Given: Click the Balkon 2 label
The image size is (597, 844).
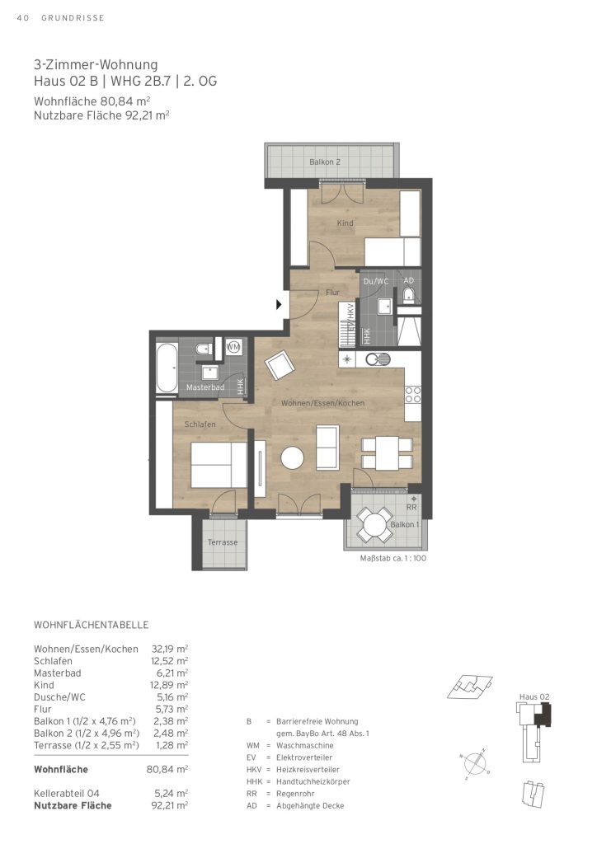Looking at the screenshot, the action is pyautogui.click(x=325, y=162).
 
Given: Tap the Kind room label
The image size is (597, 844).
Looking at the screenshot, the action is pyautogui.click(x=345, y=223).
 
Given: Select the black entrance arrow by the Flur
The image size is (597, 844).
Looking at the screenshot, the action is pyautogui.click(x=279, y=305).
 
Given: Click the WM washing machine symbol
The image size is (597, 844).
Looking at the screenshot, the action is pyautogui.click(x=233, y=347).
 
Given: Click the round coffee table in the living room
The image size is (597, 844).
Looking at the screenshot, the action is pyautogui.click(x=292, y=458).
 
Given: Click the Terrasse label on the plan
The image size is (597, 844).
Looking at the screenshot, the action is pyautogui.click(x=223, y=542).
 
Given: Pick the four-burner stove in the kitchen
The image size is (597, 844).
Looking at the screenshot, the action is pyautogui.click(x=413, y=395).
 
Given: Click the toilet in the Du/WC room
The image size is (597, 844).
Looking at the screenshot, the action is pyautogui.click(x=409, y=295).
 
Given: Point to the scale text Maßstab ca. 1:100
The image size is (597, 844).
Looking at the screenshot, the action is pyautogui.click(x=393, y=558).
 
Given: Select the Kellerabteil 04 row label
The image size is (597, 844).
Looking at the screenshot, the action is pyautogui.click(x=67, y=793).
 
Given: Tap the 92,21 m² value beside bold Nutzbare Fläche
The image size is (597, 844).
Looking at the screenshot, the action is pyautogui.click(x=170, y=805).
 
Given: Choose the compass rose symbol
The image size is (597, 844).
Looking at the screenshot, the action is pyautogui.click(x=473, y=763).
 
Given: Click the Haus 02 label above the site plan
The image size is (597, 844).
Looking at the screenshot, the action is pyautogui.click(x=534, y=696).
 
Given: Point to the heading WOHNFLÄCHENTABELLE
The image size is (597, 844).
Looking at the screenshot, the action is pyautogui.click(x=91, y=625).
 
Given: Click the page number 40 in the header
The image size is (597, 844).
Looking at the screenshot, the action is pyautogui.click(x=22, y=18).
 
